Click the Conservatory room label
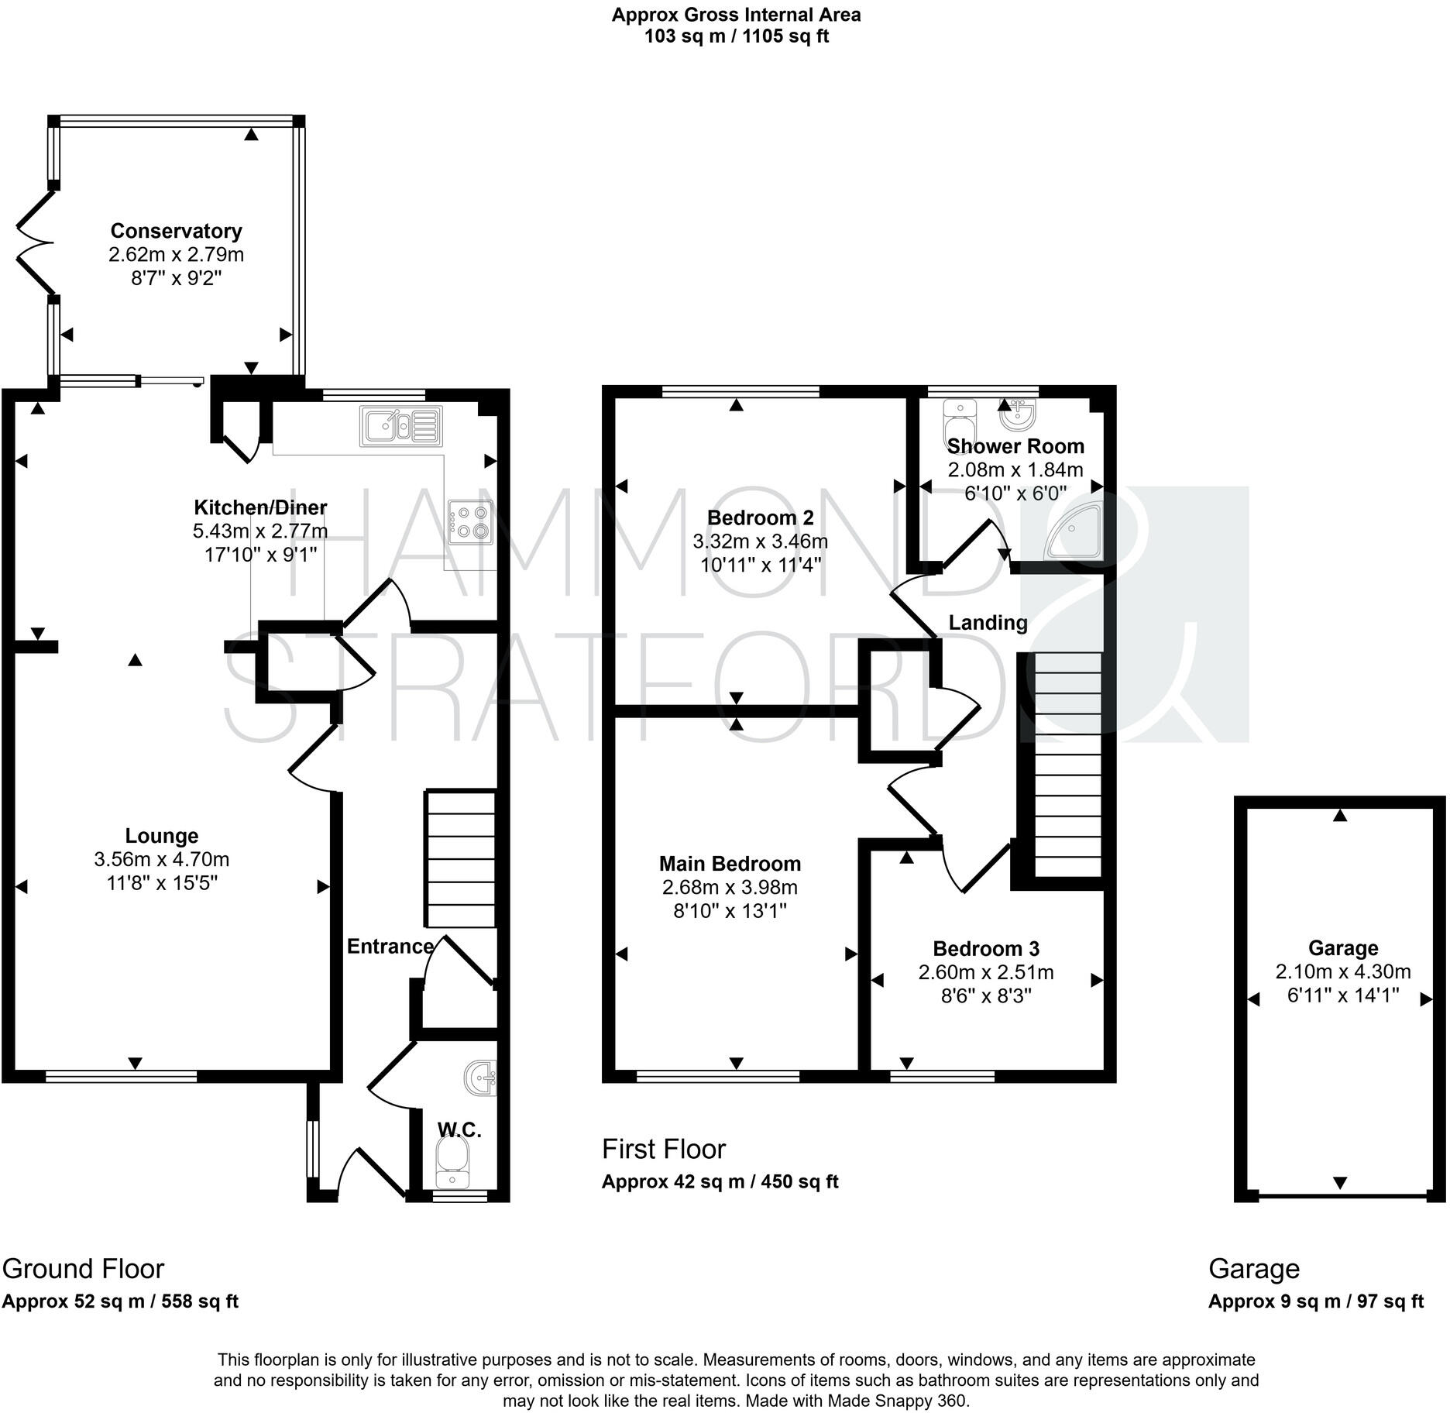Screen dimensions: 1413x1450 point(176,231)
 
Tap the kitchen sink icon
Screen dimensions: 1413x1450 point(400,426)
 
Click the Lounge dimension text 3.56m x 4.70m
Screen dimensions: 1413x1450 point(161,860)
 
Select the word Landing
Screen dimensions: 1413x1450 point(988,623)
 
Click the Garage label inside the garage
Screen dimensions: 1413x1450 point(1343,948)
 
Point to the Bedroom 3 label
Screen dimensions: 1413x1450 point(985,949)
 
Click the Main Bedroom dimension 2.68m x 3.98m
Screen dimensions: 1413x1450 point(729,888)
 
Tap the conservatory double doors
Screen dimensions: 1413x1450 point(35,243)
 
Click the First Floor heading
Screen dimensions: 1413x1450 point(664,1149)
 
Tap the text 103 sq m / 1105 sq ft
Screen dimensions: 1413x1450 point(736,36)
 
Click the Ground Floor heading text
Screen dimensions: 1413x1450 point(83,1269)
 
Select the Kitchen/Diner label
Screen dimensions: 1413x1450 point(259,507)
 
